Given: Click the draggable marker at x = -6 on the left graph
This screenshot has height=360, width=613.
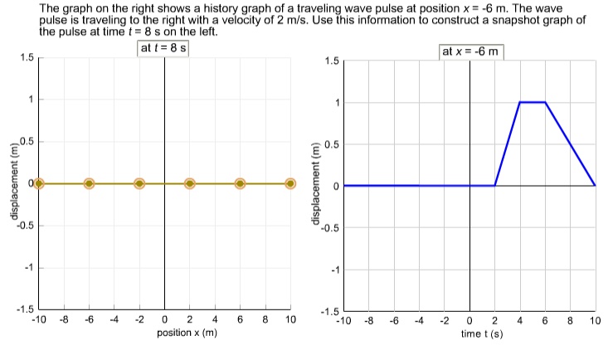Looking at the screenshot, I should pyautogui.click(x=89, y=182).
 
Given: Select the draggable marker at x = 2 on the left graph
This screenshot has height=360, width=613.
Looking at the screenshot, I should pyautogui.click(x=190, y=182).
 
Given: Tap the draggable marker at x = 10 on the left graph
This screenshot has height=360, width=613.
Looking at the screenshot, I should pyautogui.click(x=290, y=182).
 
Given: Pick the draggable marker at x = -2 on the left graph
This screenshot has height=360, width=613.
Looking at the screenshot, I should pyautogui.click(x=139, y=182).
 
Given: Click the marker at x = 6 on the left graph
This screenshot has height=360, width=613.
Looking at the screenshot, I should pyautogui.click(x=240, y=182).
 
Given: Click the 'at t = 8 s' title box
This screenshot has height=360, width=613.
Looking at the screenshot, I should pyautogui.click(x=164, y=48).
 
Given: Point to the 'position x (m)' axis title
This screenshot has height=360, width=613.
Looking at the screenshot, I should pyautogui.click(x=187, y=333).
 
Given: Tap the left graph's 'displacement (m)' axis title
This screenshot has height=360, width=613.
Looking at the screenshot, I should pyautogui.click(x=12, y=182).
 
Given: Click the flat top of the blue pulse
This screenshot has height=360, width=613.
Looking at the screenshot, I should pyautogui.click(x=533, y=102).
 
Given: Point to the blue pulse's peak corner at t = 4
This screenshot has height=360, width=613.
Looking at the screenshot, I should pyautogui.click(x=520, y=102).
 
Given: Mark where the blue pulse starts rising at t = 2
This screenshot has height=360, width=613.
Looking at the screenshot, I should pyautogui.click(x=495, y=186).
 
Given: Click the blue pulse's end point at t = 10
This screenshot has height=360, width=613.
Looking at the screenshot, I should pyautogui.click(x=595, y=186).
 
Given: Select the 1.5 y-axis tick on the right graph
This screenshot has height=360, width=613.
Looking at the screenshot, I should pyautogui.click(x=331, y=61).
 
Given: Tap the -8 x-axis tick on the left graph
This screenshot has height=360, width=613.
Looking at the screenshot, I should pyautogui.click(x=63, y=320).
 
